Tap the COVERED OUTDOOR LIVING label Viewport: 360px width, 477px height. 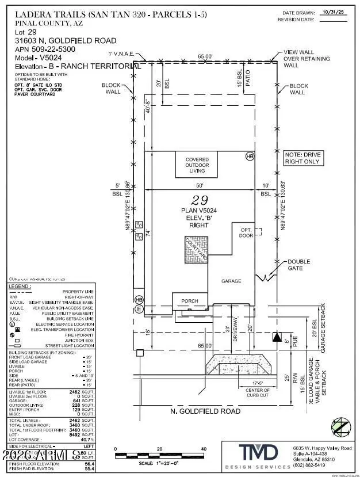[x=197, y=166]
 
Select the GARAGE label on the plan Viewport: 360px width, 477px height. [x=232, y=281]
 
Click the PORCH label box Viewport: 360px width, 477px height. [x=189, y=300]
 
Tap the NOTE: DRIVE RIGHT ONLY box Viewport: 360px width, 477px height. [x=303, y=158]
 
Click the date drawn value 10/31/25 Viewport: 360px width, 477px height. [x=332, y=11]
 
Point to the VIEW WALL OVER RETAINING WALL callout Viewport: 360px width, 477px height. [x=307, y=59]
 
